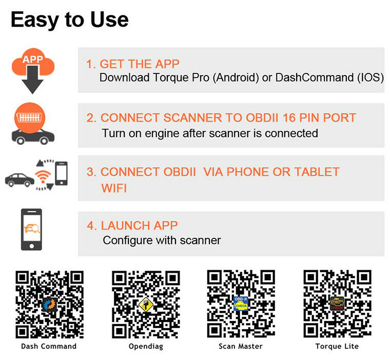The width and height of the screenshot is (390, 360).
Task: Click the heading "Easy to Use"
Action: [x=70, y=20]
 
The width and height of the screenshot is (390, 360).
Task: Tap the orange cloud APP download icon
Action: [x=33, y=62]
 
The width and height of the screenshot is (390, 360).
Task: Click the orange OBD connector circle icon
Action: [x=30, y=118]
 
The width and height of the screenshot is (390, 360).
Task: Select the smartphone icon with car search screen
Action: [x=32, y=229]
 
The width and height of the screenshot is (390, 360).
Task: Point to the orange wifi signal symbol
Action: [x=43, y=176]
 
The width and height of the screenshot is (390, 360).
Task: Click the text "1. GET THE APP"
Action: [x=133, y=64]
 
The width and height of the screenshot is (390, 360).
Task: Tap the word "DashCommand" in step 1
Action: [x=315, y=78]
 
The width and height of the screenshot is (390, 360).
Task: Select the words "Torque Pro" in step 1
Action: [x=181, y=78]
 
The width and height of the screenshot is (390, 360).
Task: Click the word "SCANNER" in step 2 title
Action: [x=192, y=118]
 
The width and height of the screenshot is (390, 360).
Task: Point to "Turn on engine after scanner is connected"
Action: [x=210, y=133]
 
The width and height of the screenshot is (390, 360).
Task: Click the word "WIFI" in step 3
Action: [x=114, y=188]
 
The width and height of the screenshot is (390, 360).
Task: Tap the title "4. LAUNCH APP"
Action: [x=132, y=225]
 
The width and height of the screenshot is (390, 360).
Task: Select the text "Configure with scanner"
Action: [x=162, y=240]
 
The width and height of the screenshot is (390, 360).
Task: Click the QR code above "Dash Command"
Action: [x=49, y=305]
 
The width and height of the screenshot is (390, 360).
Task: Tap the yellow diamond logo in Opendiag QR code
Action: [x=146, y=304]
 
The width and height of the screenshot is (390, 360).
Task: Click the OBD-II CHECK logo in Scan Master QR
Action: [x=241, y=304]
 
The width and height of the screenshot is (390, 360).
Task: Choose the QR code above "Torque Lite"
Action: [x=337, y=304]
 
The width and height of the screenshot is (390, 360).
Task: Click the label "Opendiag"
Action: [x=146, y=347]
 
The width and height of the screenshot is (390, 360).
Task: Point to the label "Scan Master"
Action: [x=241, y=346]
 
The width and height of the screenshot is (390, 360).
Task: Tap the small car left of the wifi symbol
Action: [x=19, y=180]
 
